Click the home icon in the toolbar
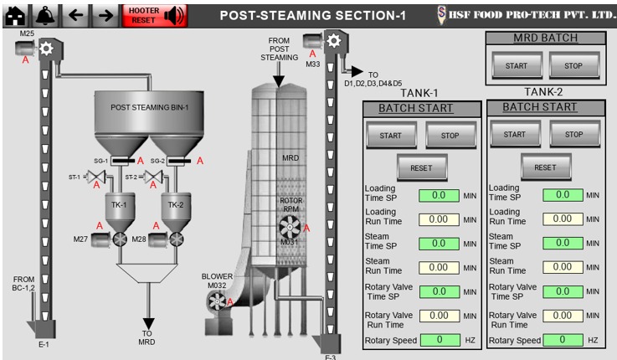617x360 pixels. (14, 14)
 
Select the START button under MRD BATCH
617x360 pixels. (511, 64)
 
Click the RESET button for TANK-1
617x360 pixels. (422, 167)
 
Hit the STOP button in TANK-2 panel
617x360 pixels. (573, 134)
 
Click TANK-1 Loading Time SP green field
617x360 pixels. (439, 195)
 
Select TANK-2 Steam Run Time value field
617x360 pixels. (562, 267)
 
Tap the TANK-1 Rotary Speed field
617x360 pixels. (439, 340)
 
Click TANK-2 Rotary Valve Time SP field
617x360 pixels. (562, 291)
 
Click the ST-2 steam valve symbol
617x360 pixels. (152, 177)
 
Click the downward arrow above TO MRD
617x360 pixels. (149, 323)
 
